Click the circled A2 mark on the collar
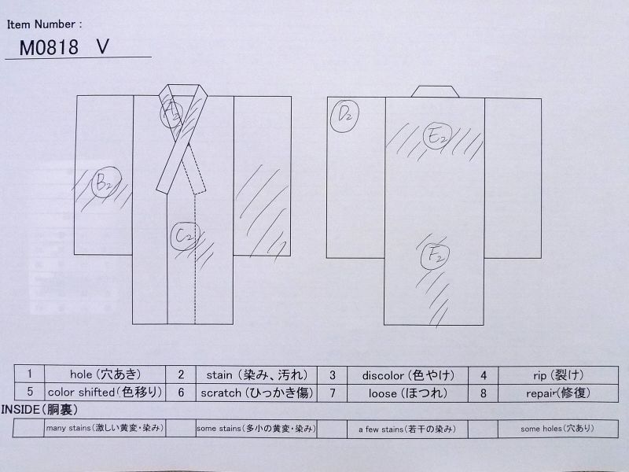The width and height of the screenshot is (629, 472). (172, 113)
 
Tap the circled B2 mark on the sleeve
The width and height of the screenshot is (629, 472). (106, 183)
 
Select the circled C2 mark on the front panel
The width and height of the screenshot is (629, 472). (185, 236)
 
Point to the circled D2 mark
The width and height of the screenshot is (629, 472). (344, 116)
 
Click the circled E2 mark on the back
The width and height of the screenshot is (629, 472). (437, 136)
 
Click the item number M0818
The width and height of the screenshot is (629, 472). (49, 47)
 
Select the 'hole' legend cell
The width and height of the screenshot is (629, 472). (105, 374)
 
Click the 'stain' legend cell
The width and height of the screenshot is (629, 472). (257, 375)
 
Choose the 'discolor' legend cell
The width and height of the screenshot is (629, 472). (407, 376)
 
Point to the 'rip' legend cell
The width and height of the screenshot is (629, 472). (558, 376)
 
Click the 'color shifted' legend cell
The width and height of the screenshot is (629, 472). (105, 392)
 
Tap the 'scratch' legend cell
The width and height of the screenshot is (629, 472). (257, 393)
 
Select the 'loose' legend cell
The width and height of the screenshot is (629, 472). (407, 393)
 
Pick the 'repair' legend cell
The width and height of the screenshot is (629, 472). (558, 393)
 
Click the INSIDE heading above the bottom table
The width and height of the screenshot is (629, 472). (39, 410)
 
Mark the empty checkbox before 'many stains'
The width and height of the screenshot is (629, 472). (28, 428)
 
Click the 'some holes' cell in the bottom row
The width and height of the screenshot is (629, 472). (558, 429)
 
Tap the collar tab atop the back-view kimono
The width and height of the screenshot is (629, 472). (436, 91)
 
